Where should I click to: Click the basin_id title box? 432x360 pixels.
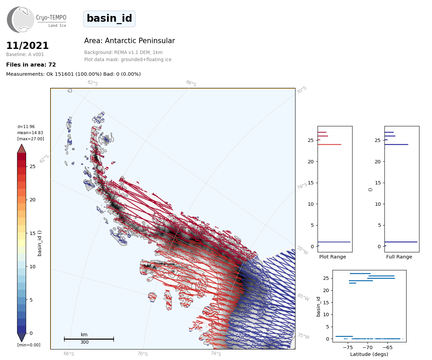(x=109, y=19)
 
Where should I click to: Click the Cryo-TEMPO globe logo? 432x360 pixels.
(x=20, y=19)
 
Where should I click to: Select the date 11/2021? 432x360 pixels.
(x=27, y=46)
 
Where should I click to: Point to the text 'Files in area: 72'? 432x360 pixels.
(x=31, y=65)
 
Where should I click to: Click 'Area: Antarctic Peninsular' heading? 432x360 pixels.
(x=129, y=41)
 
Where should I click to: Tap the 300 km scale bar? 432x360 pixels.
(x=89, y=339)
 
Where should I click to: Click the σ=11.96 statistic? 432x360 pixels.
(x=26, y=127)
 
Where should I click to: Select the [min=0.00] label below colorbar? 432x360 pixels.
(x=29, y=345)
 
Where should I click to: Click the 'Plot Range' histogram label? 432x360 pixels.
(x=332, y=257)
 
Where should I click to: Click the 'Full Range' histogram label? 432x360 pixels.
(x=399, y=257)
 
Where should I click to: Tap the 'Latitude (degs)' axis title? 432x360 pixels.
(x=369, y=354)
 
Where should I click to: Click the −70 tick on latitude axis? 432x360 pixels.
(x=367, y=347)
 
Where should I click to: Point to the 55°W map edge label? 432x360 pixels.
(x=303, y=250)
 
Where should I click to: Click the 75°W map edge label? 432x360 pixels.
(x=304, y=336)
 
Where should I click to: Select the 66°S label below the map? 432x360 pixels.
(x=69, y=354)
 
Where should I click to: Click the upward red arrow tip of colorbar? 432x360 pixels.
(x=21, y=144)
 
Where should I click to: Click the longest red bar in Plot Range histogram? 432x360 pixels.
(x=329, y=144)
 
